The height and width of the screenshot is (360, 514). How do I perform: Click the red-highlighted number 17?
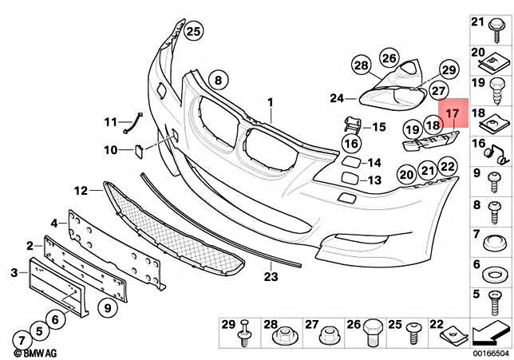(x=452, y=113)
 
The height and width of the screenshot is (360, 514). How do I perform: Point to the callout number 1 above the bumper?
(x=270, y=102)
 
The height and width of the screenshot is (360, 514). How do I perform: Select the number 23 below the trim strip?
(x=271, y=277)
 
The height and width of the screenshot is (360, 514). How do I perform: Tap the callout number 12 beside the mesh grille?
(x=81, y=191)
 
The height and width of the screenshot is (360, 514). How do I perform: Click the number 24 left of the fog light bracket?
(x=336, y=98)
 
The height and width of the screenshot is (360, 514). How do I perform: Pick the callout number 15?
(x=378, y=126)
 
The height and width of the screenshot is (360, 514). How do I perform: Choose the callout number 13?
(x=374, y=180)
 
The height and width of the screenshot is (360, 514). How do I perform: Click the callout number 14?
(x=374, y=163)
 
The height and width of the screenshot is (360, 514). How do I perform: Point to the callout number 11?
(x=109, y=122)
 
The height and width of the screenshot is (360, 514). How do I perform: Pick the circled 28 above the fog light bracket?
(x=361, y=65)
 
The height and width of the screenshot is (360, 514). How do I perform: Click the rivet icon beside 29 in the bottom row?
(x=245, y=333)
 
